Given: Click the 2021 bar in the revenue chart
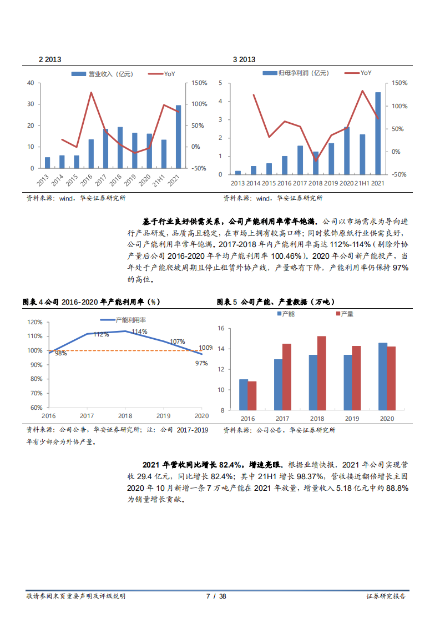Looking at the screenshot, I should (x=178, y=137).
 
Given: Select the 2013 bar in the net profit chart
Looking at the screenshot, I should (x=238, y=172).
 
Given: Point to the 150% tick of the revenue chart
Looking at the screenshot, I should (x=200, y=83).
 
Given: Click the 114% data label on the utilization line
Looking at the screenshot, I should (x=139, y=331).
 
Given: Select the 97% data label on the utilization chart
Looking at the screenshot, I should (x=201, y=363).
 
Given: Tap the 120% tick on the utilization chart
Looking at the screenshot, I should (x=35, y=322).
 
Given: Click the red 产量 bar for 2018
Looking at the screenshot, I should (x=321, y=373).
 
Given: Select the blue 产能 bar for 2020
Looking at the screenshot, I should (x=382, y=376).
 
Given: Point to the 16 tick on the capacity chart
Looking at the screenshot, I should (x=220, y=328).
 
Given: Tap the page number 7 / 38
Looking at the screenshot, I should (x=216, y=596).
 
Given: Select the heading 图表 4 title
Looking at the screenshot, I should (x=91, y=302).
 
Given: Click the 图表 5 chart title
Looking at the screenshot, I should (x=276, y=302).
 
